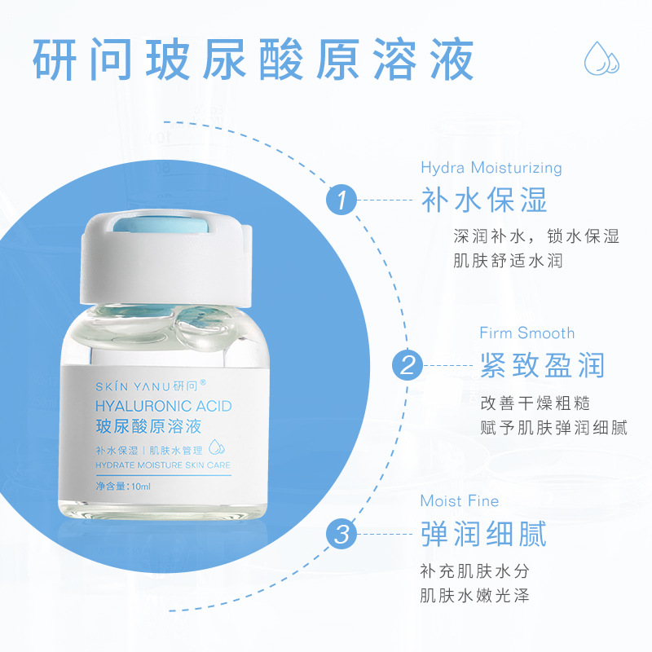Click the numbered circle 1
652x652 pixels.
click(x=341, y=200)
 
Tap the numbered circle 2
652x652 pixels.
click(x=407, y=365)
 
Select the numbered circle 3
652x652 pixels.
click(x=341, y=534)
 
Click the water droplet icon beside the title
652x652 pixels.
click(x=601, y=58)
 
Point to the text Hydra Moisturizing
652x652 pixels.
click(x=491, y=168)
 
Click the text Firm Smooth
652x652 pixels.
click(x=526, y=333)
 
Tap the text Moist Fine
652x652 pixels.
click(x=460, y=500)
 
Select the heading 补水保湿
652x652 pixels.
click(x=483, y=200)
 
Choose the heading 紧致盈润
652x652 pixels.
click(x=542, y=365)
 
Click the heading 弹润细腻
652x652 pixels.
click(x=483, y=534)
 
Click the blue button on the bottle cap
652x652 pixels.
click(x=161, y=225)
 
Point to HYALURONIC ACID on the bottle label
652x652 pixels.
click(x=164, y=406)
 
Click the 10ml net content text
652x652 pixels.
click(x=123, y=486)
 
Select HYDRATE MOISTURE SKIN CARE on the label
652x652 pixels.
click(x=163, y=465)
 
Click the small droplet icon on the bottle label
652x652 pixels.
click(x=216, y=447)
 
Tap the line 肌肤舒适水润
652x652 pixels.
click(x=508, y=261)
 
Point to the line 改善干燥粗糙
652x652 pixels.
click(x=535, y=403)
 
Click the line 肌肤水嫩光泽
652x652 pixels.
click(x=474, y=596)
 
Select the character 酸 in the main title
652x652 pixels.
click(x=281, y=59)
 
